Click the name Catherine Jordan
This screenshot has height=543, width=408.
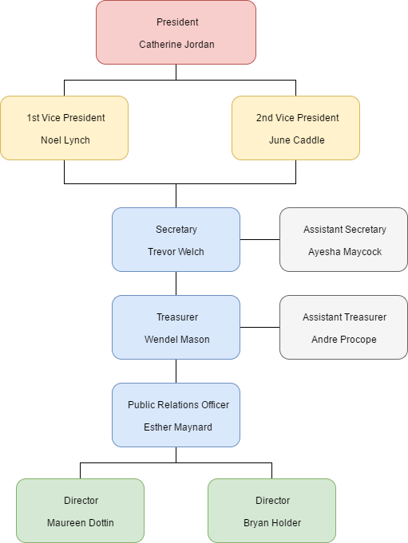pyautogui.click(x=176, y=45)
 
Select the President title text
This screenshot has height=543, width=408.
pyautogui.click(x=177, y=22)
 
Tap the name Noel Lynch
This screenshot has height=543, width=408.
pyautogui.click(x=65, y=140)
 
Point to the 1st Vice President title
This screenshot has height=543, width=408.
pyautogui.click(x=65, y=118)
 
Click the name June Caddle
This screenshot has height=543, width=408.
pyautogui.click(x=297, y=140)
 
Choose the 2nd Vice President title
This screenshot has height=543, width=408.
pyautogui.click(x=298, y=118)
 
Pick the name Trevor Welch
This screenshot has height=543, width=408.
pyautogui.click(x=176, y=252)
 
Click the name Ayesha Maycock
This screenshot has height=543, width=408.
pyautogui.click(x=345, y=252)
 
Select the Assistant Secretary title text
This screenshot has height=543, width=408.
pyautogui.click(x=345, y=230)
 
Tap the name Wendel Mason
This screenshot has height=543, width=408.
pyautogui.click(x=176, y=340)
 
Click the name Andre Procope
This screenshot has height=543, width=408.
pyautogui.click(x=344, y=340)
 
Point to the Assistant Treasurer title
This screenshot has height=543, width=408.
pyautogui.click(x=345, y=317)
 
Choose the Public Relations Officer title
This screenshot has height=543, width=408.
pyautogui.click(x=178, y=405)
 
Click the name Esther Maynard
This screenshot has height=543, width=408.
pyautogui.click(x=178, y=427)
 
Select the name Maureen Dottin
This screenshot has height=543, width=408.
pyautogui.click(x=81, y=523)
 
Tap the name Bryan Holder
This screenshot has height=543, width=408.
pyautogui.click(x=272, y=523)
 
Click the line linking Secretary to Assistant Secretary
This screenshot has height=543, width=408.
pyautogui.click(x=260, y=239)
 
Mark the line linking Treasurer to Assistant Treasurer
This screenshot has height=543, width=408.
pyautogui.click(x=260, y=327)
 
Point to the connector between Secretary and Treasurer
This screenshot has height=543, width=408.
pyautogui.click(x=176, y=284)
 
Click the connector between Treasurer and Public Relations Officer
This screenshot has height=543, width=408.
pyautogui.click(x=176, y=372)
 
